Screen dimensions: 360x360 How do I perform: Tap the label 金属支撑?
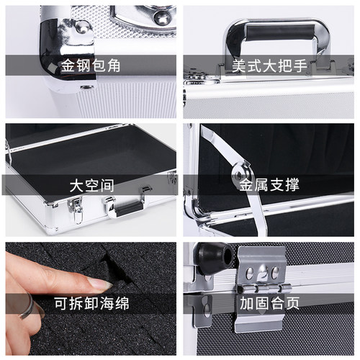click(x=269, y=185)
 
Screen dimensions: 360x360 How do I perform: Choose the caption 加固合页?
click(x=269, y=303)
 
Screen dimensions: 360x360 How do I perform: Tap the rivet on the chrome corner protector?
click(x=81, y=28)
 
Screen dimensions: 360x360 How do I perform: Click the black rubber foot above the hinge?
click(x=210, y=256)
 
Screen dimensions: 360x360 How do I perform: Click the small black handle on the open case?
click(x=127, y=207)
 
